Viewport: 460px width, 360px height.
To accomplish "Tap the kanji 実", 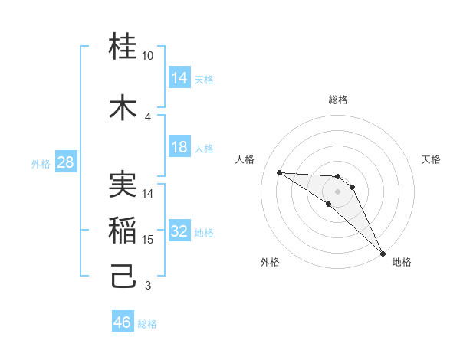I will point(123,184).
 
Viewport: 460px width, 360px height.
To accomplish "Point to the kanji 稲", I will point(123,231).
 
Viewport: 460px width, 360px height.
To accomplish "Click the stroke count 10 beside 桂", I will point(148,56).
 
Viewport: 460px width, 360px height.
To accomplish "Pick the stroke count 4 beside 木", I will point(148,116).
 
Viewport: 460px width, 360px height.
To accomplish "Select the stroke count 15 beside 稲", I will point(148,240).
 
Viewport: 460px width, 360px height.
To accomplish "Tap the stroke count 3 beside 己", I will point(148,286).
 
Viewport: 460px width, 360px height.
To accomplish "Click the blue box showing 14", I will point(179,78).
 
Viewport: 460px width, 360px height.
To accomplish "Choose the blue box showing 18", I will point(179,147).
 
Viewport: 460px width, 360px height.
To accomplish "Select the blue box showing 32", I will point(179,231).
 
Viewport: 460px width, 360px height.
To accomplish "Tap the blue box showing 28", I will point(65,162).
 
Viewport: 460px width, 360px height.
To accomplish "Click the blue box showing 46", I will point(123,322).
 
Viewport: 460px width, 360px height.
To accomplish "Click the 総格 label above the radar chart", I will point(338,100).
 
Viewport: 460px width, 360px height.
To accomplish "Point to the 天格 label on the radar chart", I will point(432,159).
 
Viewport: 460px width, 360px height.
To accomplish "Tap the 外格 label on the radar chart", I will point(270,262).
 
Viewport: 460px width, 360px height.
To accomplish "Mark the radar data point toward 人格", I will point(279,172).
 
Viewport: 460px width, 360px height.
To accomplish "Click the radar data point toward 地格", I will point(383,253).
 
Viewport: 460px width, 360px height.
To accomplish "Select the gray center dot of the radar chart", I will point(338,191).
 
